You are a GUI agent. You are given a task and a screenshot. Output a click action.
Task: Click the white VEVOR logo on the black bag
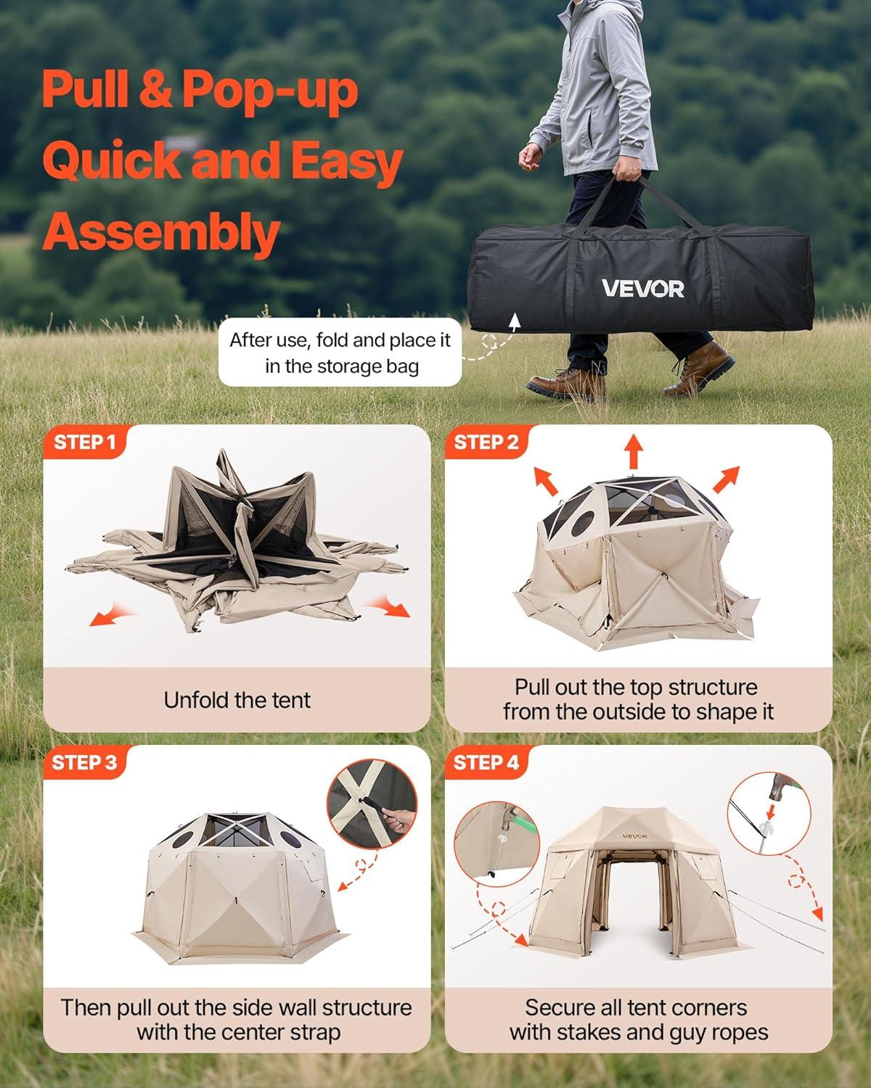tap(643, 288)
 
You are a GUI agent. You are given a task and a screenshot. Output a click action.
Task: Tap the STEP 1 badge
tap(84, 442)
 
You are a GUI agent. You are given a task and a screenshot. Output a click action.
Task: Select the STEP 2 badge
tap(486, 442)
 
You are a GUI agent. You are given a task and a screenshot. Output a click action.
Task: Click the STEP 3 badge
tap(84, 762)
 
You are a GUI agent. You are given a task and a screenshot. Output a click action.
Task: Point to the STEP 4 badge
tap(486, 762)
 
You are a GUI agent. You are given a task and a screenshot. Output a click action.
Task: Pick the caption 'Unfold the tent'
tap(237, 700)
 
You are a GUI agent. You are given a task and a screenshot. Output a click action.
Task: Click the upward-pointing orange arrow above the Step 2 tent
tap(633, 451)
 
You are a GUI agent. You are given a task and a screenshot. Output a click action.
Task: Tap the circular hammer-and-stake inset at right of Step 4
tap(769, 814)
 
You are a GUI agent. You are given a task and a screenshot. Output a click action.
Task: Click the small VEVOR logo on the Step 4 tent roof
tap(634, 837)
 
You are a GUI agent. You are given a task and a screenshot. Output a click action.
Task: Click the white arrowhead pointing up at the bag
tap(514, 321)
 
